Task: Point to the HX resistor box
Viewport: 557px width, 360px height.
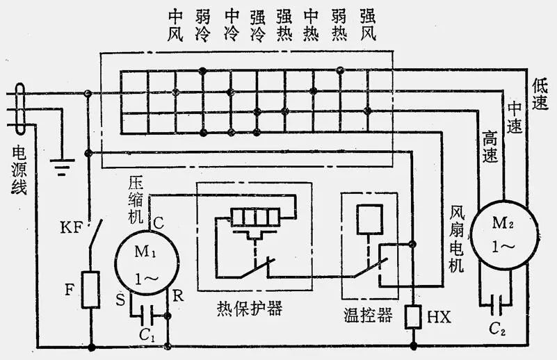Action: (x=412, y=318)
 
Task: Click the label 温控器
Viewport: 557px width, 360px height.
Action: (x=366, y=316)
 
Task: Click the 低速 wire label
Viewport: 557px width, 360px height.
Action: (x=541, y=94)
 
